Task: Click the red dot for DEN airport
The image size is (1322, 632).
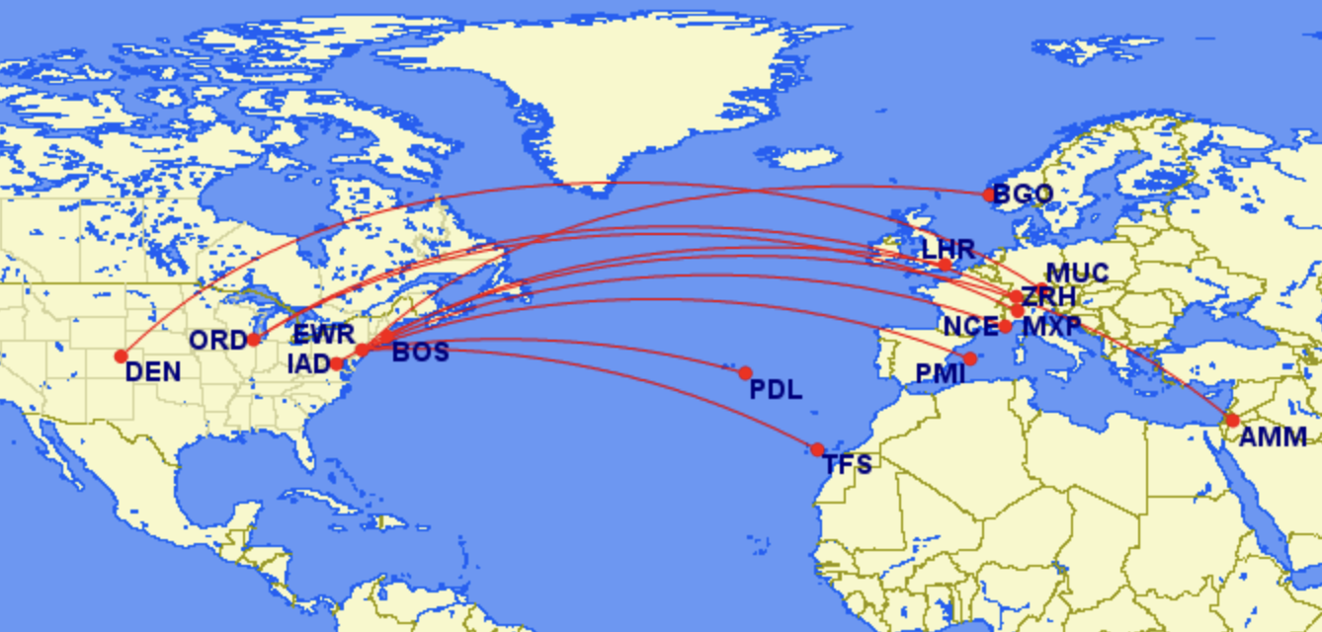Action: point(122,356)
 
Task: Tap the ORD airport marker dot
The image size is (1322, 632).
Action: point(254,340)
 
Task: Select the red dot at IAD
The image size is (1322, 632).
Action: point(337,363)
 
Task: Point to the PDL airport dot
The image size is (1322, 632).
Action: point(745,373)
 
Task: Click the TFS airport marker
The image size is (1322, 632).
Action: point(817,450)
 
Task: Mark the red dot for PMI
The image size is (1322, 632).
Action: point(970,358)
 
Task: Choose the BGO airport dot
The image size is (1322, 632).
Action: point(989,196)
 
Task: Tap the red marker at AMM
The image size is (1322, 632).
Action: point(1232,421)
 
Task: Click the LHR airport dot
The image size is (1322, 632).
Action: point(946,265)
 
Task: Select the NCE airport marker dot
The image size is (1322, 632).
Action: point(1005,327)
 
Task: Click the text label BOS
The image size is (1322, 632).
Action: point(420,353)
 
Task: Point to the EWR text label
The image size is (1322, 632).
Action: point(323,334)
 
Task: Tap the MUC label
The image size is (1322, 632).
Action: point(1077,274)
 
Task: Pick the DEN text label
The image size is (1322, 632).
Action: point(153,372)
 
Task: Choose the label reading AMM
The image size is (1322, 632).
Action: point(1273,437)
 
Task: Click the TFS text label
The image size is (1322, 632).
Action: point(848,464)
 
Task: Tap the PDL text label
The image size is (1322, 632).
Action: point(776,389)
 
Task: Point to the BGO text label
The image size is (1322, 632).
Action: point(1024,195)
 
